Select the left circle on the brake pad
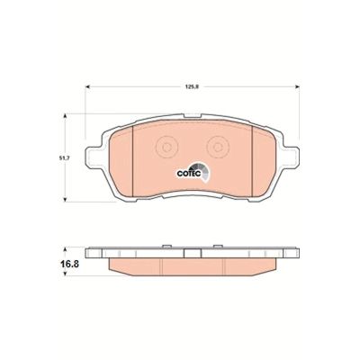point(165,147)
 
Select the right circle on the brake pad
point(217,147)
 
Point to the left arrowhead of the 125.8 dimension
point(87,87)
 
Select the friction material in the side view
point(191,267)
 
